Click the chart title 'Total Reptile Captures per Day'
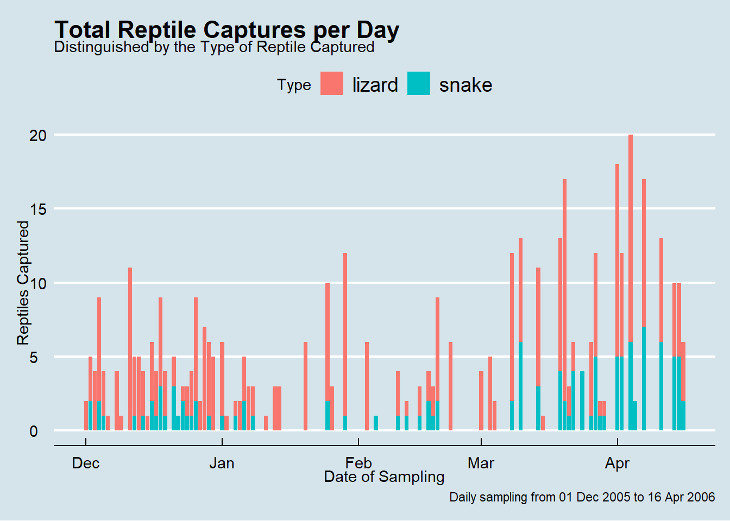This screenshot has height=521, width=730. point(226,30)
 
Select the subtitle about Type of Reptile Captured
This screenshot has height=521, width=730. point(214,47)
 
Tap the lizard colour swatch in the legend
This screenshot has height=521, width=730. point(331,84)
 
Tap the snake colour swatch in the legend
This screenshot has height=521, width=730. point(418,84)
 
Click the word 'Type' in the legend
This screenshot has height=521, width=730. point(294,85)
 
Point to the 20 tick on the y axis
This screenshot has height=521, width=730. point(38,135)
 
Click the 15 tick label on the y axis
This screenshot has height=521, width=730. point(38,209)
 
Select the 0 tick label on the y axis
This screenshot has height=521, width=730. point(34,431)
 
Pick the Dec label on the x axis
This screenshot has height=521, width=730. point(86,463)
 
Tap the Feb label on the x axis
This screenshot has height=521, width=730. point(358,463)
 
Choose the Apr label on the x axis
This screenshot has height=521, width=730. point(617,463)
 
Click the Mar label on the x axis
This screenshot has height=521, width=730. point(481,463)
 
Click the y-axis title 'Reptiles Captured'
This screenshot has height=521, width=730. point(23,282)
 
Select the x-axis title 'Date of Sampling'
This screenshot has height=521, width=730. point(384,477)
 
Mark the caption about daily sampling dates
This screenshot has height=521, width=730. point(582,497)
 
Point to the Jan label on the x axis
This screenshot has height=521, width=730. point(222,463)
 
